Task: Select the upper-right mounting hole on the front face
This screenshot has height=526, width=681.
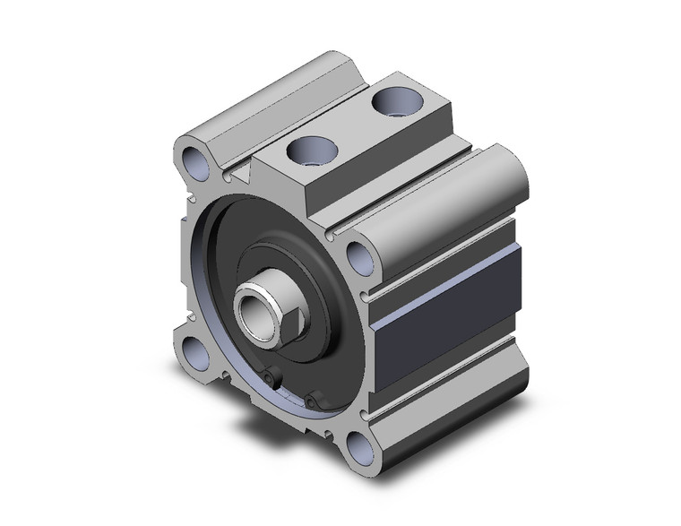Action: point(359,258)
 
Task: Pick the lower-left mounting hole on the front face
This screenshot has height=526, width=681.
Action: point(197,351)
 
